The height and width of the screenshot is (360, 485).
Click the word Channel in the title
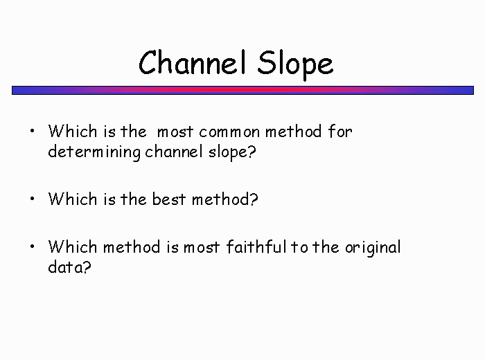coord(193,62)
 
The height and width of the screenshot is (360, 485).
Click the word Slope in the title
coord(295,65)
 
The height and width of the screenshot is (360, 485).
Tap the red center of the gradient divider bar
coord(242,90)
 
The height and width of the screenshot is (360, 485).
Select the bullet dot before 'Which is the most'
coord(33,131)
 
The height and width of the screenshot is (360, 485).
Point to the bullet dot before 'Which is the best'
coord(33,199)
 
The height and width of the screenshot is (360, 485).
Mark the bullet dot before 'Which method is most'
coord(33,246)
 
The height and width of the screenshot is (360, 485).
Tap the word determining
coord(94,152)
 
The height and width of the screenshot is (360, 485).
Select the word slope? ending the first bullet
coord(232,152)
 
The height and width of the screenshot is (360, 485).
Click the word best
coord(169,199)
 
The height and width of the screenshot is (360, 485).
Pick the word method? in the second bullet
coord(225,199)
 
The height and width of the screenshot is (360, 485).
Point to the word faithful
coord(256,247)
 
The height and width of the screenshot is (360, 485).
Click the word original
coord(373,248)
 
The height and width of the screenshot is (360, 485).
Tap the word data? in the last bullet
coord(69,267)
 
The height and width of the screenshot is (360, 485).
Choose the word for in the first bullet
coord(340,132)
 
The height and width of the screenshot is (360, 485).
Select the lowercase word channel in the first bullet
coord(174,152)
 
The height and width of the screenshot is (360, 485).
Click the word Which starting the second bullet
coord(73,199)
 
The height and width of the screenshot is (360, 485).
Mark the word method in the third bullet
coord(132,247)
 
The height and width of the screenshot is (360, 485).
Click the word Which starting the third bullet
coord(73,247)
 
